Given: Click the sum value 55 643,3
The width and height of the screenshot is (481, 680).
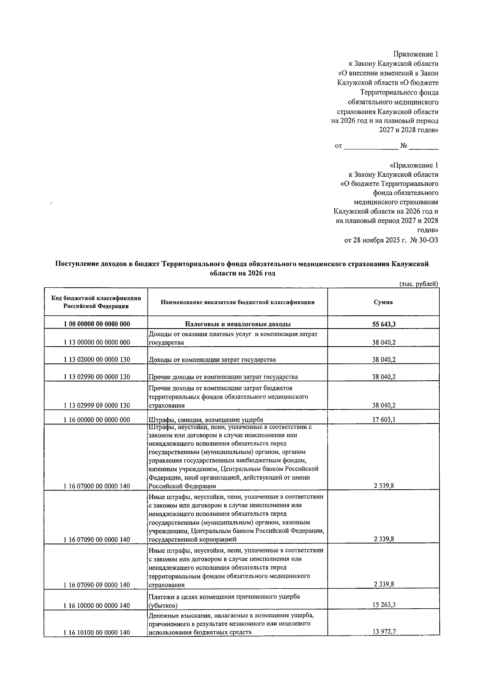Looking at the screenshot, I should tap(384, 324).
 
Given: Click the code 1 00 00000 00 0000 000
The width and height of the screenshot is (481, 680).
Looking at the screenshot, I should tap(97, 324).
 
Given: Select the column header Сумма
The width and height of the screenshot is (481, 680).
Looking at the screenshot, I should tap(384, 302).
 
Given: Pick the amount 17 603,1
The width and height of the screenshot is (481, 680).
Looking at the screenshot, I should tap(384, 420).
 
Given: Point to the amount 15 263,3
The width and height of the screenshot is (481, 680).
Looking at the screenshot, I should tap(384, 605).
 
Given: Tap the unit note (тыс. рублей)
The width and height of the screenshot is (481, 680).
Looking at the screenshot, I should tap(419, 284).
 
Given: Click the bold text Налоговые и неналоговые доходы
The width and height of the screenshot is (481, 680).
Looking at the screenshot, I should tap(238, 324).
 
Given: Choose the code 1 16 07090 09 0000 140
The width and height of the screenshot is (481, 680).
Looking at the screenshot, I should tap(97, 585).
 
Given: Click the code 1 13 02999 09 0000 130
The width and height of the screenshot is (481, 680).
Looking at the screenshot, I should tap(97, 406).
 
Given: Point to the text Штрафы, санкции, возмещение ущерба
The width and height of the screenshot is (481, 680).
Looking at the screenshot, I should tap(206, 420).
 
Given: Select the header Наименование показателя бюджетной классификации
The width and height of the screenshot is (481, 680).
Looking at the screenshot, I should tap(238, 302).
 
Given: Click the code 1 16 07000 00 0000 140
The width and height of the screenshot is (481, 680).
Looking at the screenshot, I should tap(97, 486).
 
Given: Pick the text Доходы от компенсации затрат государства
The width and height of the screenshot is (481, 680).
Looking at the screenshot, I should tap(212, 359).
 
